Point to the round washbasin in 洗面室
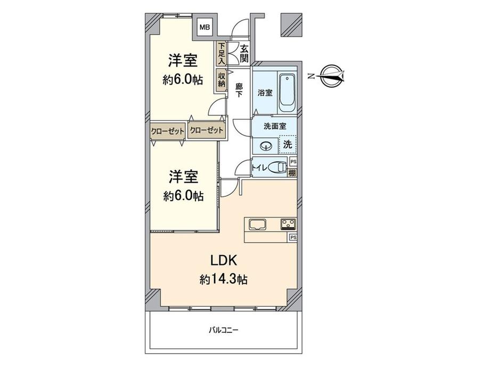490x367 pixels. (x=265, y=145)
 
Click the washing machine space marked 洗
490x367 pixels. (x=287, y=144)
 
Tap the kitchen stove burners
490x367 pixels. (x=288, y=224)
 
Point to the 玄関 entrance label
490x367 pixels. (x=244, y=53)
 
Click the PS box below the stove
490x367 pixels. (x=292, y=237)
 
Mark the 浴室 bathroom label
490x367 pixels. (x=265, y=93)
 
